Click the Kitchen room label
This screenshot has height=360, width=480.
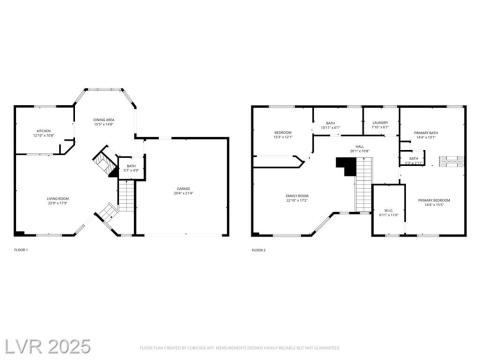coord(44,132)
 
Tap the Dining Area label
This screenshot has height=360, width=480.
coord(104,121)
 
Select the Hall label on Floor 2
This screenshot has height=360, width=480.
coord(356,150)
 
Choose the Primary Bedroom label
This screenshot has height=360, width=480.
coord(434,203)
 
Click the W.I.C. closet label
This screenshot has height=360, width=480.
coord(390,212)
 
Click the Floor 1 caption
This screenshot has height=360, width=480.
coord(21,249)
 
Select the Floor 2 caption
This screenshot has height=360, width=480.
coord(258,249)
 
